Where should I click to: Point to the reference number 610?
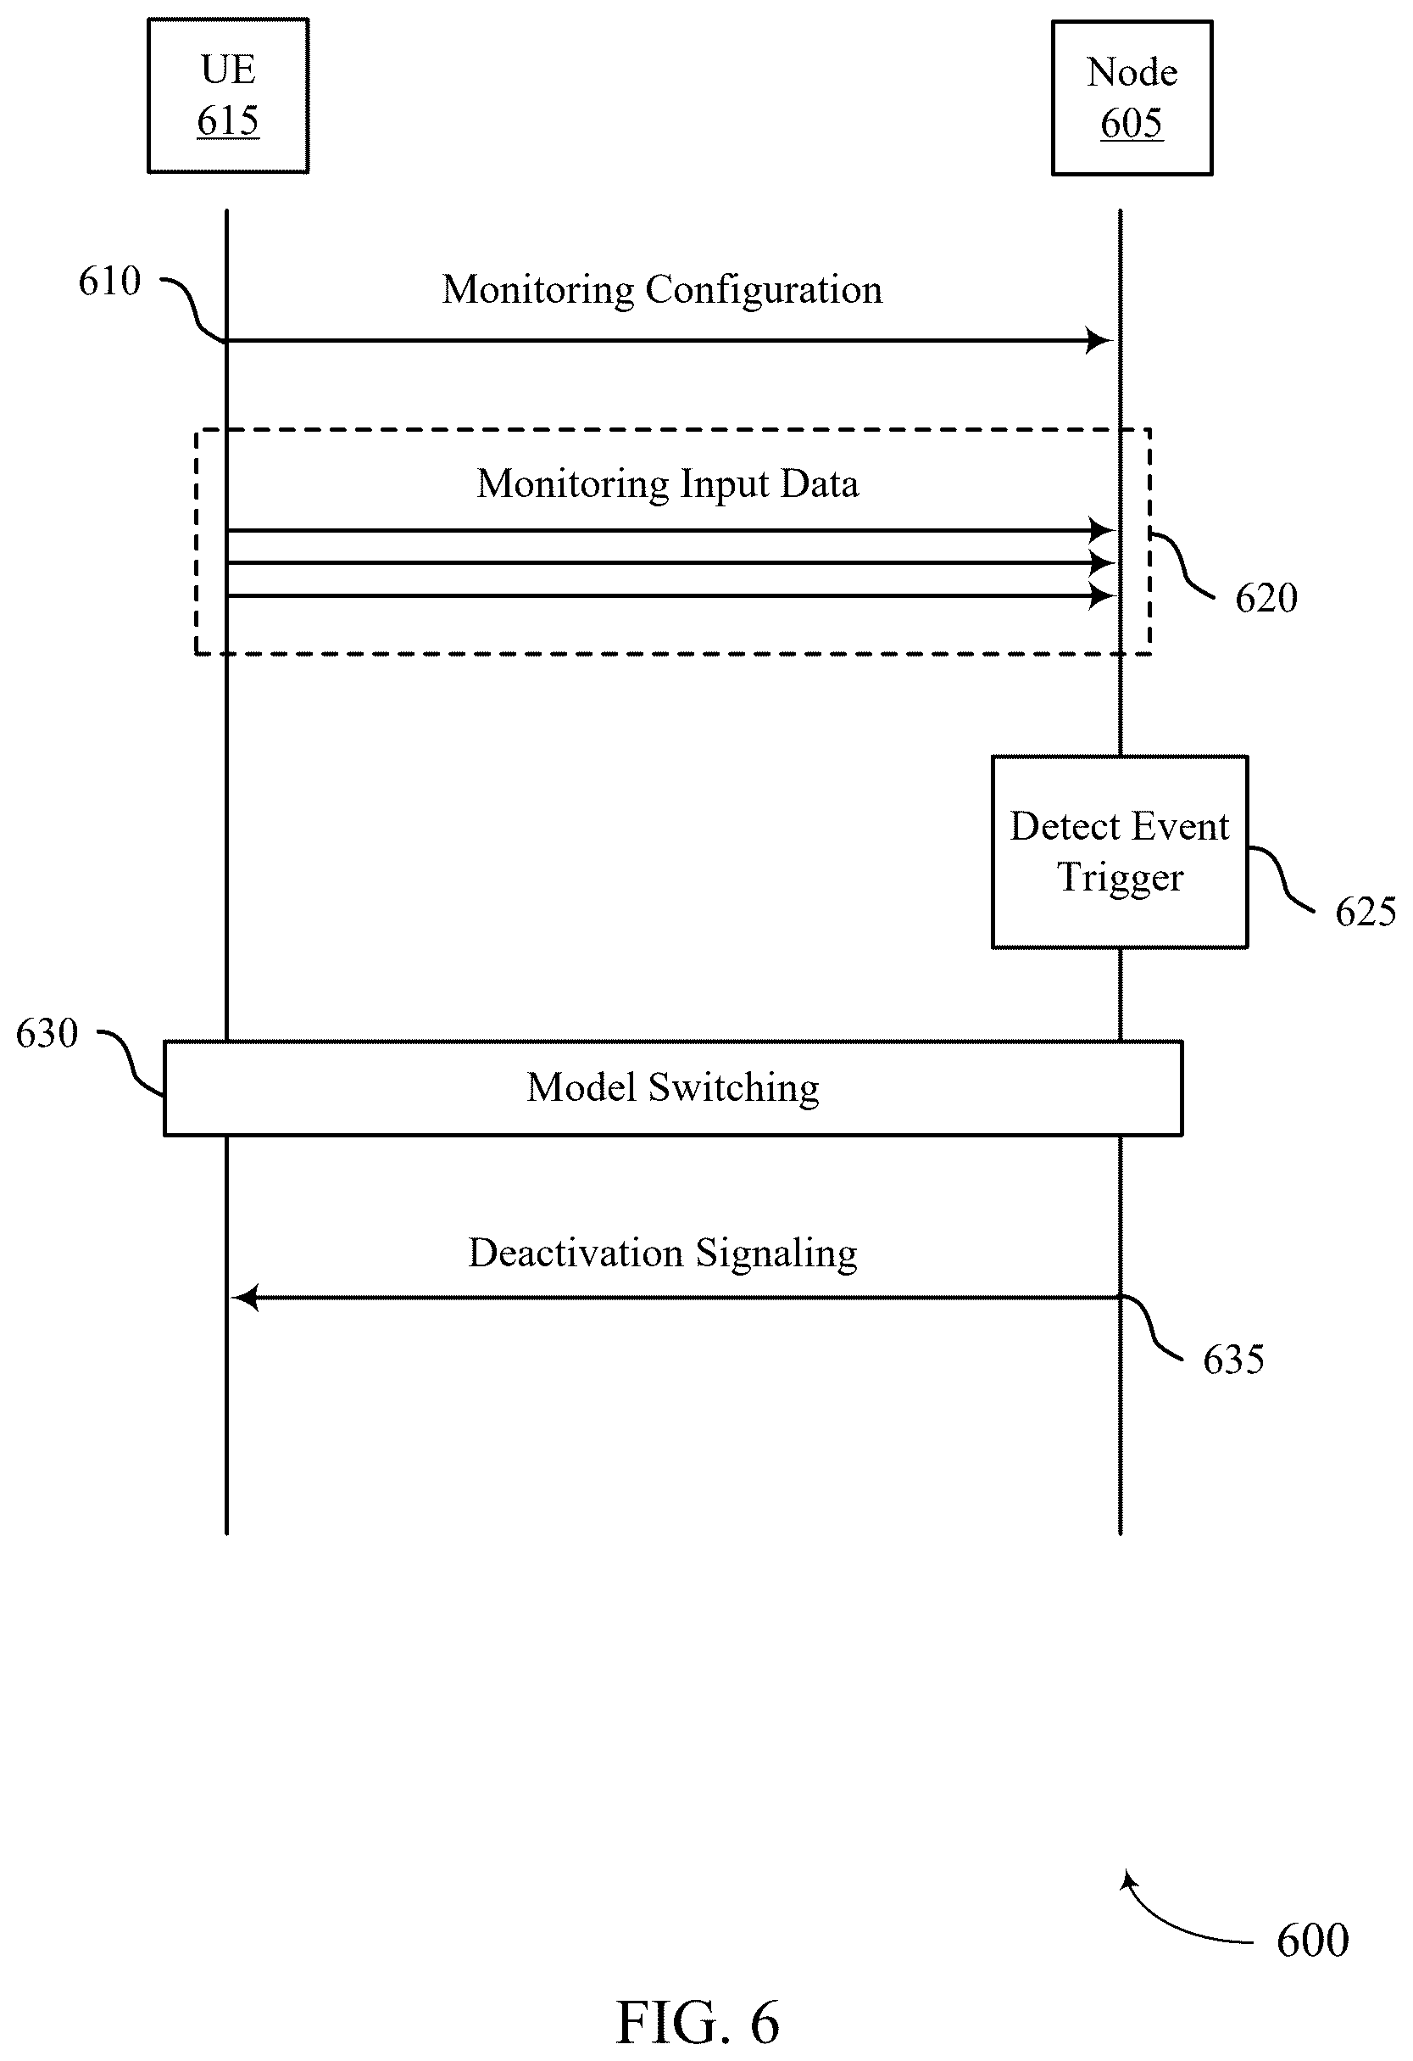pos(110,281)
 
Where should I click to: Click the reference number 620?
pos(1266,599)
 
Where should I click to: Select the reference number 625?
pos(1366,912)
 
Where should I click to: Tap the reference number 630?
pos(47,1033)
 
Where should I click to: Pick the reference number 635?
pos(1233,1360)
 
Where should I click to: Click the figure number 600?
pos(1313,1941)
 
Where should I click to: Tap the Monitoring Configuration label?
pos(662,290)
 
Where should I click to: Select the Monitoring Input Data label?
pos(667,484)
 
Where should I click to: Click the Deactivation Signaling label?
pos(662,1254)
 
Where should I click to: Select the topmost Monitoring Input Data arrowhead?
pos(1102,530)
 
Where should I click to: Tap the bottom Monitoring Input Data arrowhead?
pos(1102,596)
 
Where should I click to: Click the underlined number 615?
pos(228,120)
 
